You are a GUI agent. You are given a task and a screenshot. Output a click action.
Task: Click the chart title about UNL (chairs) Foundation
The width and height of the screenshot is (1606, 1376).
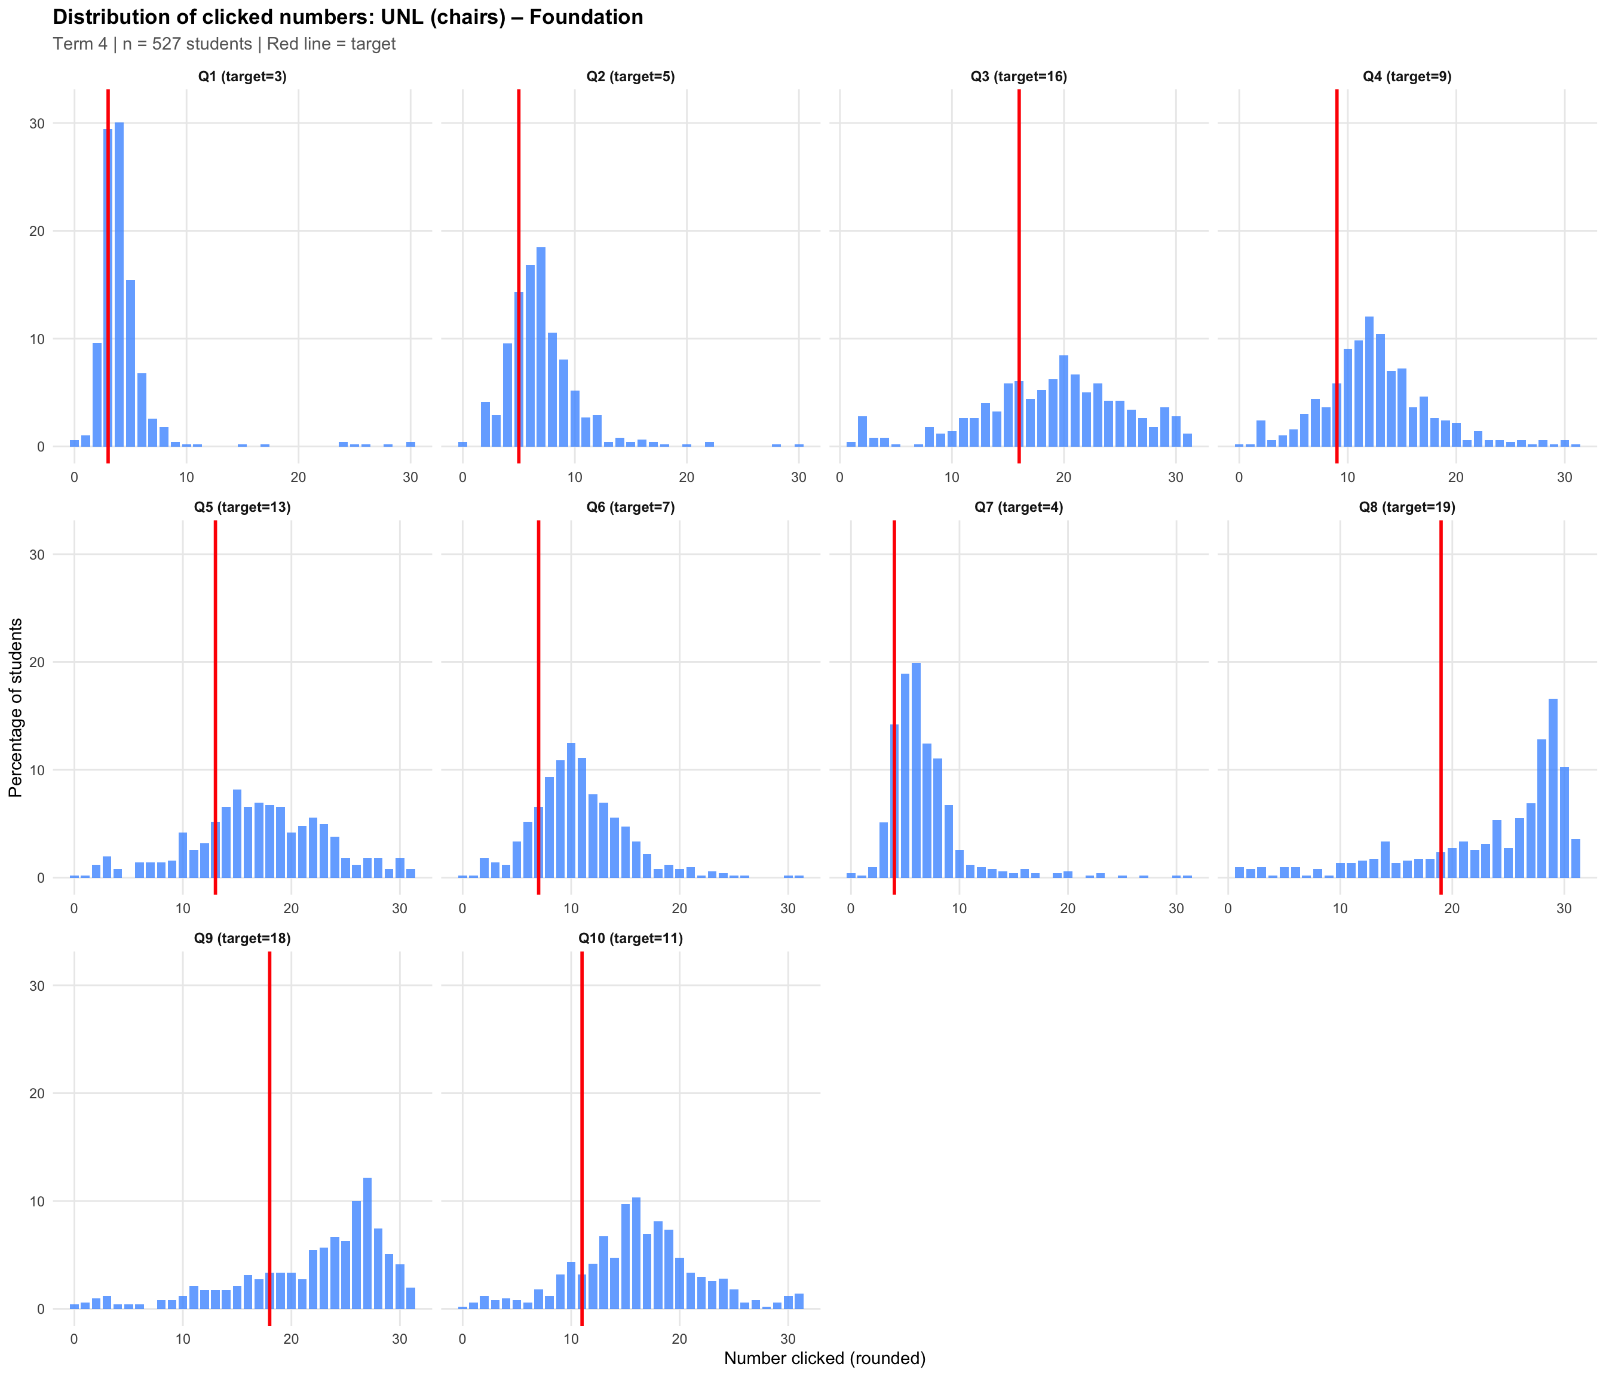coord(347,17)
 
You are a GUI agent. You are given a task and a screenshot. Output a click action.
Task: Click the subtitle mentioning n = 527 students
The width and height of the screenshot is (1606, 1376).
coord(224,44)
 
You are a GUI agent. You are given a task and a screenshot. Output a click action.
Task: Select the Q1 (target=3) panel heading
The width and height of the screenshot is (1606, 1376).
coord(242,76)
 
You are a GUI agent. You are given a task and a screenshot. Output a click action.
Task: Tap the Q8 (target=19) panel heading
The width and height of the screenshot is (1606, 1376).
coord(1407,508)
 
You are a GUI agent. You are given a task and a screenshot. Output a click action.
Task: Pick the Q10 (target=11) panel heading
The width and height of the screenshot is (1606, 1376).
coord(630,938)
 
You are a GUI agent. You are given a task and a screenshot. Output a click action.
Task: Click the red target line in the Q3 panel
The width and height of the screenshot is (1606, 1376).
coord(1019,271)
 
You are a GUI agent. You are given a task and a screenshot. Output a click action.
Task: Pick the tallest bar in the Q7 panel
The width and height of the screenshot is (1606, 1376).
coord(916,770)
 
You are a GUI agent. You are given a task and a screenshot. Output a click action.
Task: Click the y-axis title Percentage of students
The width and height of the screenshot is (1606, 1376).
coord(16,707)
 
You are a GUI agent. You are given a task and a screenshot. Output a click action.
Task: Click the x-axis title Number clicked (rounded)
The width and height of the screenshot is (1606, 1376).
coord(825,1358)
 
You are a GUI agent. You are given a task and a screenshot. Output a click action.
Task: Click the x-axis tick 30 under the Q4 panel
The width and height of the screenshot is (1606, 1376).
coord(1564,477)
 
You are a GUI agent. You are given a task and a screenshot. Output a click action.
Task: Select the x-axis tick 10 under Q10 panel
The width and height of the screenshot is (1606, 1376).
coord(571,1340)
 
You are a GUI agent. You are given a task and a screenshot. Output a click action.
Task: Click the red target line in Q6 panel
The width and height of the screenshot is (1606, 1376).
coord(538,698)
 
